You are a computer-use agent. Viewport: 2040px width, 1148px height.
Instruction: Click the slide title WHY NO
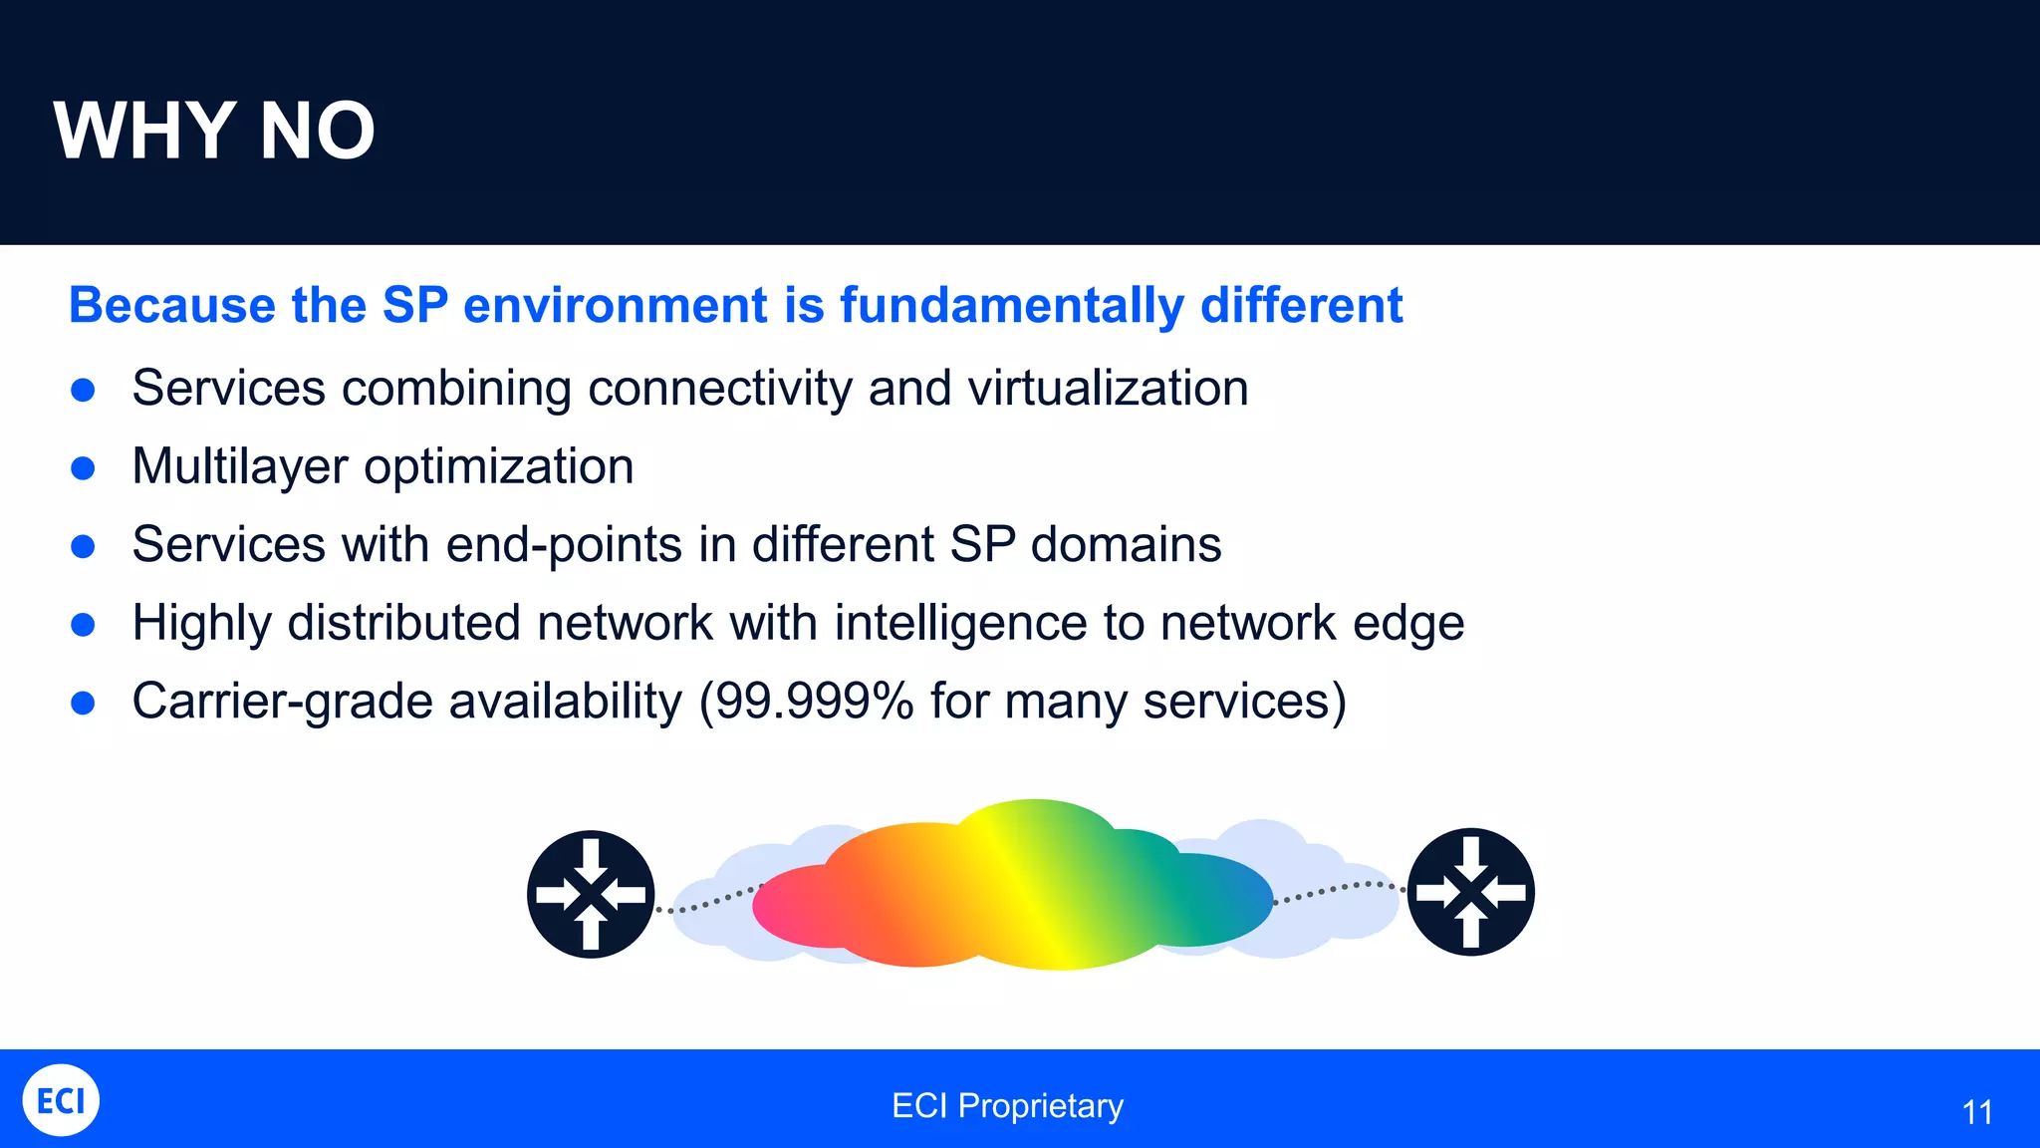(214, 132)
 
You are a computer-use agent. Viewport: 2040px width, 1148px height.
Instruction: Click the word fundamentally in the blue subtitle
(1011, 305)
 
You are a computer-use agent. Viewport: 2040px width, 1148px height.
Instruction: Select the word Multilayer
(239, 466)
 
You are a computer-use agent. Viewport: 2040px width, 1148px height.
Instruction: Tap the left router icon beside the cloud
(591, 894)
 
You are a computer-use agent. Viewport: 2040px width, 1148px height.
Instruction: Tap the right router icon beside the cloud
(1470, 892)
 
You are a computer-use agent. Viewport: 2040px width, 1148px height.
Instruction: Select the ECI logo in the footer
(61, 1100)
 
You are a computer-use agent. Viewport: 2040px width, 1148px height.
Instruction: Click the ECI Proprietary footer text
(1007, 1106)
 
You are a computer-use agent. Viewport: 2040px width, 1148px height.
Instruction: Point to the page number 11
(1976, 1112)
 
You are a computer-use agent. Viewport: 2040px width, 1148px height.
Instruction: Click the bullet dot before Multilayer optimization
(84, 468)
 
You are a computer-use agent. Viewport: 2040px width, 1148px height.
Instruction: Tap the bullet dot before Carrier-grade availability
(84, 703)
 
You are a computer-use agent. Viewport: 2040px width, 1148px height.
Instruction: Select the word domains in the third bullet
(1126, 545)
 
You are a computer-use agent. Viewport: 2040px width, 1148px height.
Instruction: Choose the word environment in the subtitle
(616, 305)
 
